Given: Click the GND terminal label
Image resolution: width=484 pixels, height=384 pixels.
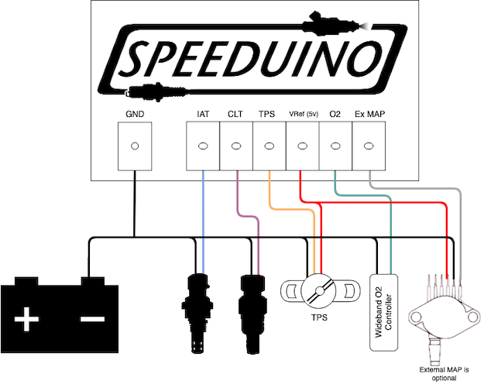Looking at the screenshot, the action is (135, 115).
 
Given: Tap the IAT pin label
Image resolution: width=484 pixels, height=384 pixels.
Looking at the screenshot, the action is (203, 115).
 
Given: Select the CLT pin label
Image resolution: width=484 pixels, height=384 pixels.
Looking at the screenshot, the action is (235, 115).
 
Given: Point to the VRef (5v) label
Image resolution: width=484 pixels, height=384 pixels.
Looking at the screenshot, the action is (304, 115).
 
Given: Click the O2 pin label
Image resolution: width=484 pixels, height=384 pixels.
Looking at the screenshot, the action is (335, 115).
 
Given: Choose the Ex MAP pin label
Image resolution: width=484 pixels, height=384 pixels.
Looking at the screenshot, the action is (370, 115).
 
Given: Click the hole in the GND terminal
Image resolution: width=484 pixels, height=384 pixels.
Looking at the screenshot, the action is (135, 146).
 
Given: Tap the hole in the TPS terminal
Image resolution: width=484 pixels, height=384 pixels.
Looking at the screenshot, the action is (269, 146).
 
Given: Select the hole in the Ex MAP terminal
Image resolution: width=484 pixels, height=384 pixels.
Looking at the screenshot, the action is (369, 146).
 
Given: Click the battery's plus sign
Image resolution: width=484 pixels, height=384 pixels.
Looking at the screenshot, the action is (26, 319).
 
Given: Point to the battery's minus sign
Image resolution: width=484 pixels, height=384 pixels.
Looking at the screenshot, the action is (93, 319).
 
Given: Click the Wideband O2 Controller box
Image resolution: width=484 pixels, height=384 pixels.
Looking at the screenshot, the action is (383, 312).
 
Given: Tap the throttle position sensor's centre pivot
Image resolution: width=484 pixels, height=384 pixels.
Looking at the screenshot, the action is (320, 291).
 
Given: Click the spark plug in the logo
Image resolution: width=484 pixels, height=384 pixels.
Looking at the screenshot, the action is (157, 91).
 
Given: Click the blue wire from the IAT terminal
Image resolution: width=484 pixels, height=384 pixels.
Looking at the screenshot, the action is (203, 222).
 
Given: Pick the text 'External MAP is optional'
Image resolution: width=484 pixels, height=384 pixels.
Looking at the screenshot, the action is (444, 374).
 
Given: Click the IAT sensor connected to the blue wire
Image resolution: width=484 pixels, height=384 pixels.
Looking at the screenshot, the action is (197, 313).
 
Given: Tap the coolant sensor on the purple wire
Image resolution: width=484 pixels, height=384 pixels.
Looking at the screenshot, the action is (252, 314).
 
